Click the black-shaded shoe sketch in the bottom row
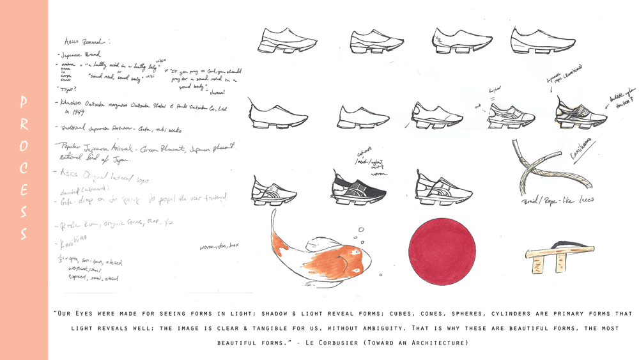click(360, 189)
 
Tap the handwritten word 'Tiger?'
click(68, 90)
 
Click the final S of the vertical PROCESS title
click(24, 234)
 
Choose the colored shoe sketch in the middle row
click(580, 113)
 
